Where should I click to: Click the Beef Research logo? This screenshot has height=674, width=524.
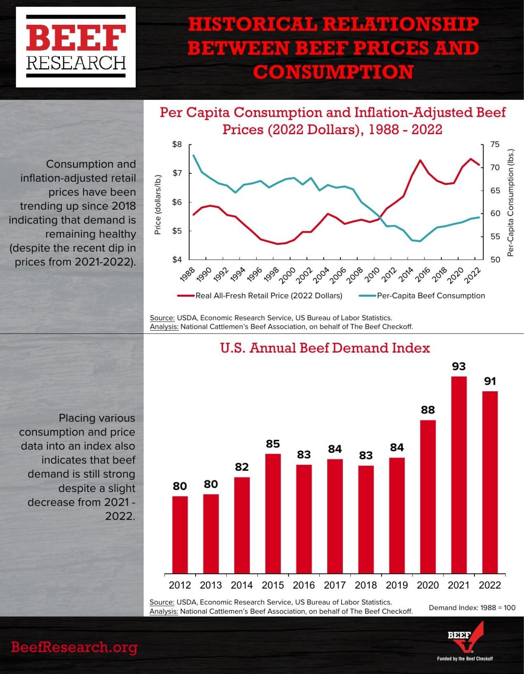76,47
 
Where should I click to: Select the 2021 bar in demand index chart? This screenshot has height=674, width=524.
459,475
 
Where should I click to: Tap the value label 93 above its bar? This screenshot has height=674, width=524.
459,367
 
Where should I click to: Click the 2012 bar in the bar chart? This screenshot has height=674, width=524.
180,534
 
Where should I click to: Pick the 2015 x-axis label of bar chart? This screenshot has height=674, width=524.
273,585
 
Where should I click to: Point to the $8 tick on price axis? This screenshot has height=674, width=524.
177,144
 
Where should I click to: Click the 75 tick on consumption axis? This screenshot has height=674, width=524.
495,144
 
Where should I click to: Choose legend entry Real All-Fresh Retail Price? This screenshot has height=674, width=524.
269,296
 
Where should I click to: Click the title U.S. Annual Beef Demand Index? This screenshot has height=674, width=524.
325,348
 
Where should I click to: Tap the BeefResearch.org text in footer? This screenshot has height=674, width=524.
74,647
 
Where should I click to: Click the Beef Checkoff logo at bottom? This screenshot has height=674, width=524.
465,642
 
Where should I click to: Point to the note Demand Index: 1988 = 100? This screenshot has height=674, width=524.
472,608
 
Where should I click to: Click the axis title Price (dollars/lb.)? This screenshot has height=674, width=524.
157,205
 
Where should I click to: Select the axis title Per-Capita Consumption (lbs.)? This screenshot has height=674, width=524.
511,203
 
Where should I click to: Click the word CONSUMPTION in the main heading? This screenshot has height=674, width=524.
333,72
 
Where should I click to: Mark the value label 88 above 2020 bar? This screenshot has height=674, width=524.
428,410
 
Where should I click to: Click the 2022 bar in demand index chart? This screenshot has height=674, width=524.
490,482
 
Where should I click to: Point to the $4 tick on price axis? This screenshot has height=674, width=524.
177,260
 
